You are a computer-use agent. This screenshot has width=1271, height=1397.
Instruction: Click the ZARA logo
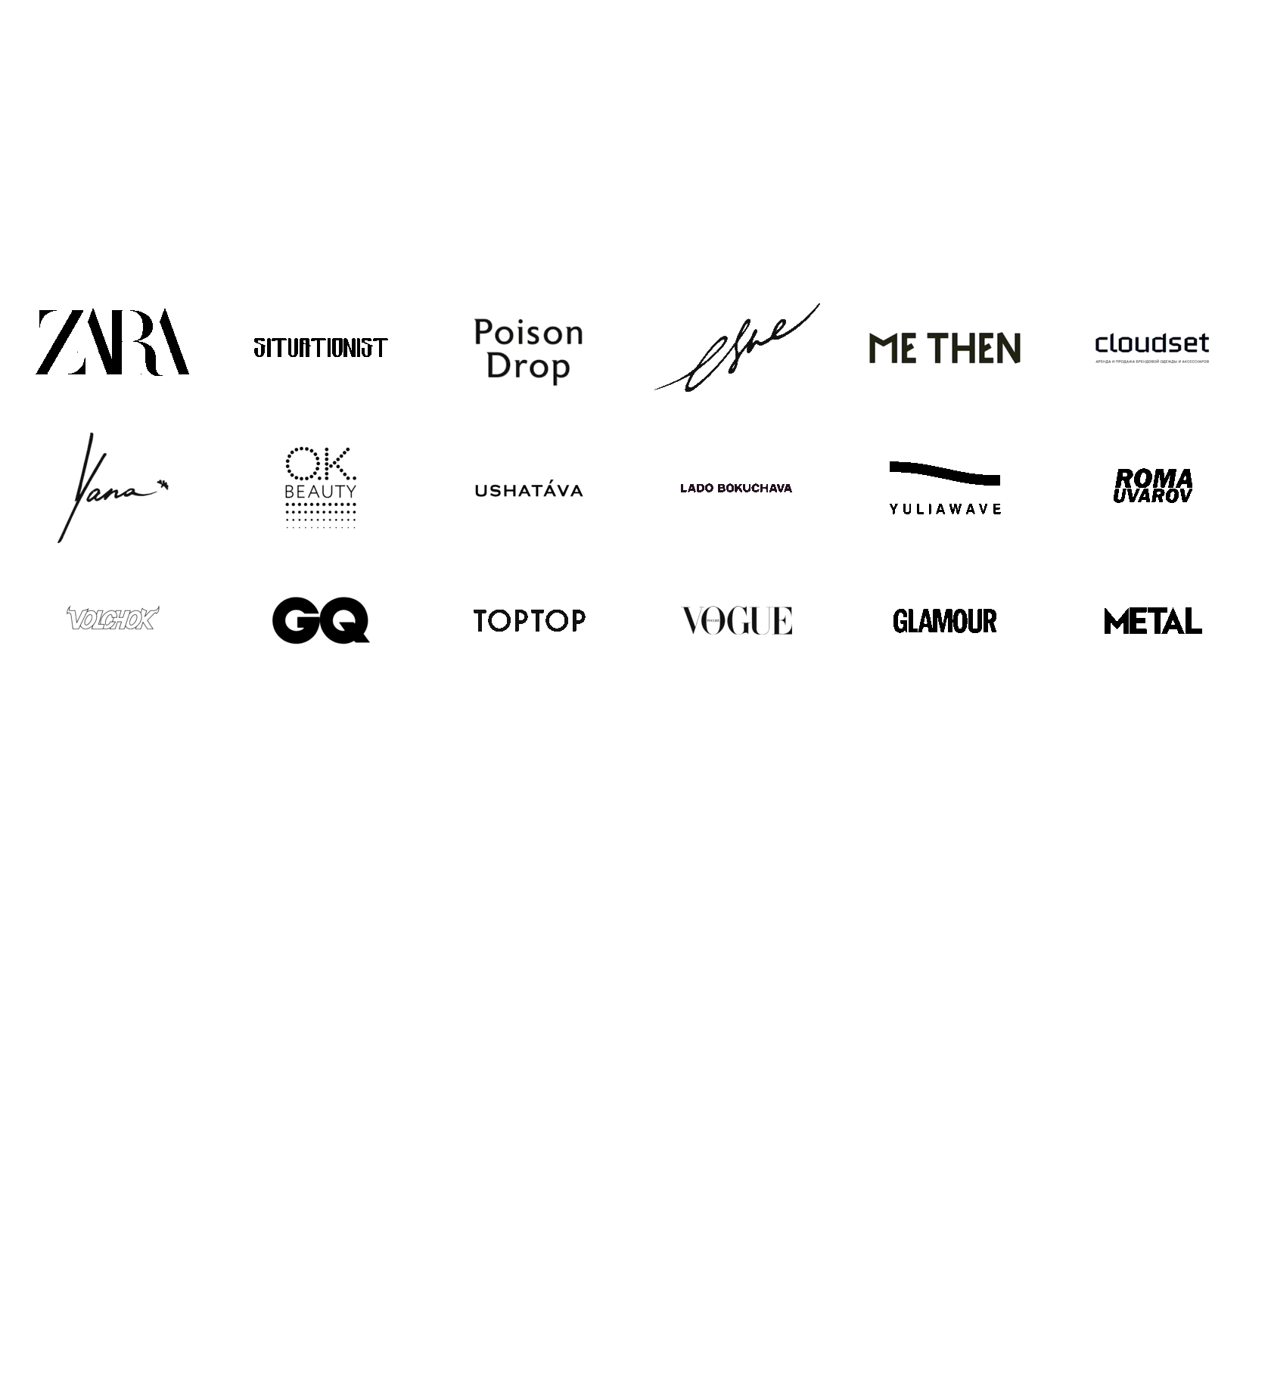(112, 342)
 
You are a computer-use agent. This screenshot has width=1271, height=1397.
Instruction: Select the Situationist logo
(320, 348)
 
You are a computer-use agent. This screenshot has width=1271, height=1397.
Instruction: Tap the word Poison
(528, 333)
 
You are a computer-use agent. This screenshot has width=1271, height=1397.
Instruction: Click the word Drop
(527, 367)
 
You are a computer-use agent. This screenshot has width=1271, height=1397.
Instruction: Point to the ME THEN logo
(944, 348)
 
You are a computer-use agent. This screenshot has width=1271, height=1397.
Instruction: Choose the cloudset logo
(1151, 345)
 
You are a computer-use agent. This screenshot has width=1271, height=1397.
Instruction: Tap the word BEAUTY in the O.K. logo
(320, 492)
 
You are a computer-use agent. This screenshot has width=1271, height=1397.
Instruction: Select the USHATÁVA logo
(528, 491)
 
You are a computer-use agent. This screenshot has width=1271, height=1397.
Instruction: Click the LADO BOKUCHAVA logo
(735, 488)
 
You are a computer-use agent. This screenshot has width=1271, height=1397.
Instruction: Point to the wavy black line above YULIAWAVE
(944, 473)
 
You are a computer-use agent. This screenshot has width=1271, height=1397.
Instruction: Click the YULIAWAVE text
(945, 509)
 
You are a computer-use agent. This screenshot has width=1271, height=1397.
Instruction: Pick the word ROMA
(1154, 479)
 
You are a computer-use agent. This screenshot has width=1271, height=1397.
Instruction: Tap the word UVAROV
(1151, 496)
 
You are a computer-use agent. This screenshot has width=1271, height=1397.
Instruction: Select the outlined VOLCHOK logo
(112, 619)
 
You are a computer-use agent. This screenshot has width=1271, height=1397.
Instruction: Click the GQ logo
(320, 620)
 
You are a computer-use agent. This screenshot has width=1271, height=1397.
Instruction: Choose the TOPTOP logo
(529, 621)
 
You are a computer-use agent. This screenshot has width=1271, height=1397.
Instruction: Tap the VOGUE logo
(737, 621)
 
